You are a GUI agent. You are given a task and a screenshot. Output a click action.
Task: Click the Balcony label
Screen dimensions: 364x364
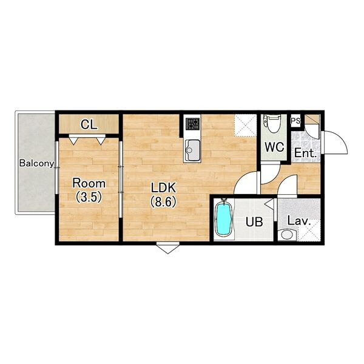[x=36, y=163]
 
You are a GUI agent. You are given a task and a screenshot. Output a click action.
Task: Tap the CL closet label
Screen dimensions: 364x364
[x=89, y=125]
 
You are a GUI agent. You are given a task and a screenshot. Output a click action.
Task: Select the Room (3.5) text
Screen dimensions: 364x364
[x=89, y=190]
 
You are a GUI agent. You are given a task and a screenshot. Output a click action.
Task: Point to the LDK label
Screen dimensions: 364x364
[x=163, y=188]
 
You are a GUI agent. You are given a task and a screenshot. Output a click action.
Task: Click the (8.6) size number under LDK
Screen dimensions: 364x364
[x=163, y=202]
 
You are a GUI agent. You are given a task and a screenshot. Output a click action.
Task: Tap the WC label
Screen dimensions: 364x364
[x=274, y=147]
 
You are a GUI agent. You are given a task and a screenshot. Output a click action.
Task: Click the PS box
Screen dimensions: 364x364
[x=296, y=121]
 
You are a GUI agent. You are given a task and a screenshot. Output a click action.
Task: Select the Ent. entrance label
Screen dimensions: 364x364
[x=306, y=153]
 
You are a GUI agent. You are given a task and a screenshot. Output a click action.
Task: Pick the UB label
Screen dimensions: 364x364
[x=254, y=222]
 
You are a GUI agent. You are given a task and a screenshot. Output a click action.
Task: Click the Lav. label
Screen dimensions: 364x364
[x=299, y=221]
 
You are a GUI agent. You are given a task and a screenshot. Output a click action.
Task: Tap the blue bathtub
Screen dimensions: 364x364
[x=224, y=218]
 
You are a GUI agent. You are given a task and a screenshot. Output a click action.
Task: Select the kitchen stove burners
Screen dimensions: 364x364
[x=192, y=124]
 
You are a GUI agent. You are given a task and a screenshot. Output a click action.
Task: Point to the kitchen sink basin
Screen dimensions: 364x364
[x=192, y=150]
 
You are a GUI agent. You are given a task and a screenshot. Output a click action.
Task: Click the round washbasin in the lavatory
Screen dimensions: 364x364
[x=287, y=235]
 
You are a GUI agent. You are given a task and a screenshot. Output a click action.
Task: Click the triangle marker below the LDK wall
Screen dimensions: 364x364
[x=168, y=248]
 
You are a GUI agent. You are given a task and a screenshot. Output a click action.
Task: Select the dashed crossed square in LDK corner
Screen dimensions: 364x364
[x=245, y=125]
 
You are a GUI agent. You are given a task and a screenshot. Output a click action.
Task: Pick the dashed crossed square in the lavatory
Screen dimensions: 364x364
[x=309, y=231]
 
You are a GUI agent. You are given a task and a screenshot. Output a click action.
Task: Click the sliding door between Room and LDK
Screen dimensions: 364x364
[x=121, y=179]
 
